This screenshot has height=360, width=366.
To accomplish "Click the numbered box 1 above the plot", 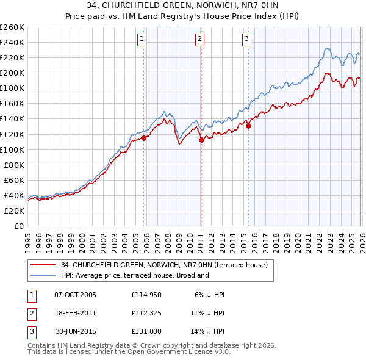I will [142, 39].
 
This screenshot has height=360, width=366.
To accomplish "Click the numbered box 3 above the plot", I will [247, 39].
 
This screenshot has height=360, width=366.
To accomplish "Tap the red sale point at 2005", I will [144, 138].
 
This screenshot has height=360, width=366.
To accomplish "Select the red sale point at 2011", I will [201, 140].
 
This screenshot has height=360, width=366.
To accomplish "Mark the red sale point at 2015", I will [248, 126].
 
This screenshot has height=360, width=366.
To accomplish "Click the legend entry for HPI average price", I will [134, 275].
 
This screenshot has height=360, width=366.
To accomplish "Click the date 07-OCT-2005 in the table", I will [75, 295].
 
